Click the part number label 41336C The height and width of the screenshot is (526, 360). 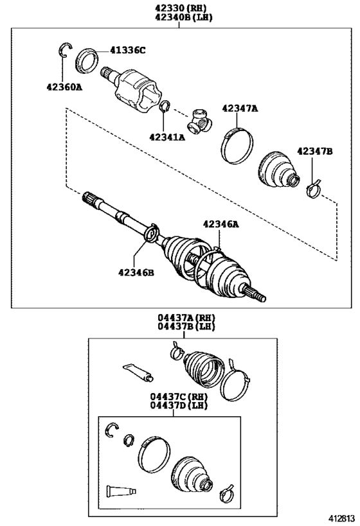click(128, 50)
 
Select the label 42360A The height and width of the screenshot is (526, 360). click(64, 87)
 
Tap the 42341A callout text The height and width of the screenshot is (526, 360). click(167, 137)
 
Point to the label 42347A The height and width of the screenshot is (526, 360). click(240, 109)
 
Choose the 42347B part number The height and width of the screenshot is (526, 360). click(314, 152)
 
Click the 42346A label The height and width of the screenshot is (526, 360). click(221, 224)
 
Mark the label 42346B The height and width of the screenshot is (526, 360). click(136, 273)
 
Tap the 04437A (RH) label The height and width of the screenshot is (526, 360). click(186, 317)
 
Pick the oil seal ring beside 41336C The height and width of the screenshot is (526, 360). click(86, 61)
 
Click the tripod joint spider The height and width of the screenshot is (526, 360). click(199, 121)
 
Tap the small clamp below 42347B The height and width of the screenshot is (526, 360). click(314, 191)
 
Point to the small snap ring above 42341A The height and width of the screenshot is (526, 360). click(164, 107)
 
